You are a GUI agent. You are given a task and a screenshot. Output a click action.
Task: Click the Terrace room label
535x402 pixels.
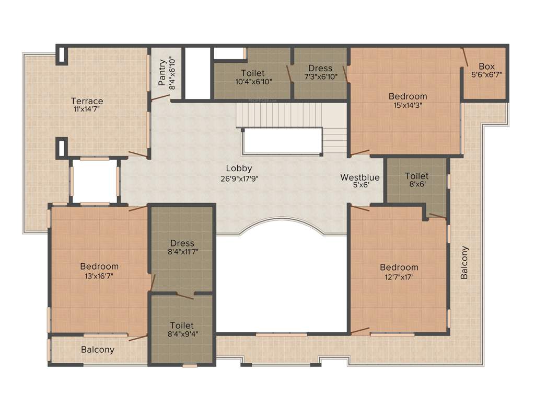coord(87,101)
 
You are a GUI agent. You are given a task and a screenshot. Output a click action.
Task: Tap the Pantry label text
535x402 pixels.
coord(162,73)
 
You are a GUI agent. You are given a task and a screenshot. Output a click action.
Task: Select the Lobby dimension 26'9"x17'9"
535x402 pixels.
coord(239,178)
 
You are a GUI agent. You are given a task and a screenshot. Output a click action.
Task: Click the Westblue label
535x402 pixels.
coord(360,177)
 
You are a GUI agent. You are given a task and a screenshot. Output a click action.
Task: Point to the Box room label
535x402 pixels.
coord(486,66)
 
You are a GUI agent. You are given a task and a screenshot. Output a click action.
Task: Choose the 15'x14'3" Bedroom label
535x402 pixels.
coord(408,96)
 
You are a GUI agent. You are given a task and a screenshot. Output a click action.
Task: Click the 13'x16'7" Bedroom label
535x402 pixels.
coord(99,266)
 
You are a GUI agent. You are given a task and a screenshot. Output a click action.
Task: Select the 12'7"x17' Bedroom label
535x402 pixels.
coord(399,267)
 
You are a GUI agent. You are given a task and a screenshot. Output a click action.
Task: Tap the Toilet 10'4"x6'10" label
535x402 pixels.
coord(253,73)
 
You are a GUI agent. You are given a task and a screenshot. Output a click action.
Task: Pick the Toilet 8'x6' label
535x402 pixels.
coord(416,176)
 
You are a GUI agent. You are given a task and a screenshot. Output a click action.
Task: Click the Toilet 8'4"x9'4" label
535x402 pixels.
coord(182,326)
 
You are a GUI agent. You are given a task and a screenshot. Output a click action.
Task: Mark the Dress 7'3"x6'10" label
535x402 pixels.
coord(320,69)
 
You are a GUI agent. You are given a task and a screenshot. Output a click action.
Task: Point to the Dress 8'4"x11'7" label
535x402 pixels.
coord(182,243)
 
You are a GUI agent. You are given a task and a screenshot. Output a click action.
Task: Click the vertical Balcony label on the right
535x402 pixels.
coord(464,262)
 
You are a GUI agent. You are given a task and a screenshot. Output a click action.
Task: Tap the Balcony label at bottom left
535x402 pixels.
coord(98,350)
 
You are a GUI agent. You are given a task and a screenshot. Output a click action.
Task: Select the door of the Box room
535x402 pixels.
coord(464,57)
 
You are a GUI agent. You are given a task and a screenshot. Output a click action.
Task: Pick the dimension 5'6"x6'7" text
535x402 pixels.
coord(486,74)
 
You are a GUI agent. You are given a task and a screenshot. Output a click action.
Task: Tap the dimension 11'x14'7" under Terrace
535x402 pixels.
coord(87,109)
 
